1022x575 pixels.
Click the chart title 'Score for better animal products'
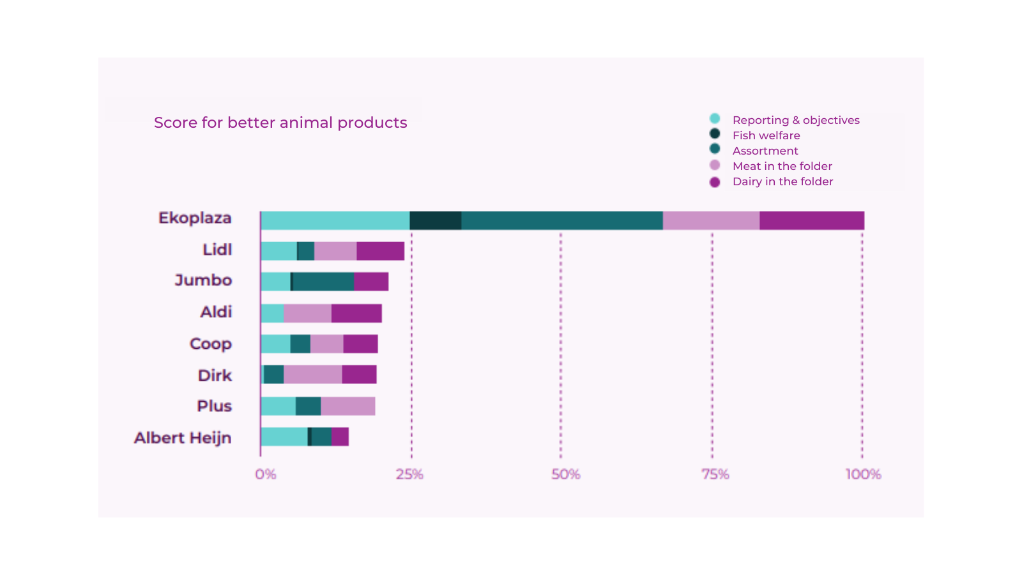(280, 123)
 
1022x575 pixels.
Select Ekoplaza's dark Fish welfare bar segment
(436, 220)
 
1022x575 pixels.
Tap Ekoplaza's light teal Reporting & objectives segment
(335, 220)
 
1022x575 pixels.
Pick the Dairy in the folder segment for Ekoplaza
(812, 220)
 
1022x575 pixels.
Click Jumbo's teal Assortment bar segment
(323, 282)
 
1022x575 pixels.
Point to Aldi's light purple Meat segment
(307, 314)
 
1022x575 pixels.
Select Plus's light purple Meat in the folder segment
(348, 406)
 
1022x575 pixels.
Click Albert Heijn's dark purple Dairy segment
(340, 437)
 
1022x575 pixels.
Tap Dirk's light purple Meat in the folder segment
(313, 375)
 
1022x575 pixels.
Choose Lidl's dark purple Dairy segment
(380, 251)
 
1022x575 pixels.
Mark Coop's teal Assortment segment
(300, 344)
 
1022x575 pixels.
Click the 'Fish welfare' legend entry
(766, 135)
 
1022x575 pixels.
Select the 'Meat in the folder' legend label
(782, 166)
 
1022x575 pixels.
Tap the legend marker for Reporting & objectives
(715, 119)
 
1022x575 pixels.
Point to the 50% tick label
(565, 474)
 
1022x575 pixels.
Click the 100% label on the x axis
(863, 474)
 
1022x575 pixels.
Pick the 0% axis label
(266, 474)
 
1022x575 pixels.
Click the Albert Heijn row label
(183, 438)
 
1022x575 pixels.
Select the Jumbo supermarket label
(203, 280)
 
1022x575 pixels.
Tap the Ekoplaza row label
(195, 218)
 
